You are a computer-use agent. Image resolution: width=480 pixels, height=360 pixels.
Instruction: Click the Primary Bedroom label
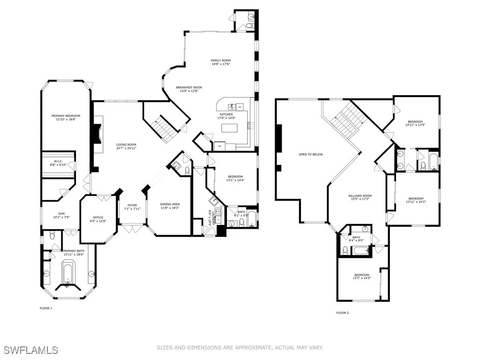point(66,116)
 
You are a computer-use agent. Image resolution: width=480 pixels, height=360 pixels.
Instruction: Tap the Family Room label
point(220,60)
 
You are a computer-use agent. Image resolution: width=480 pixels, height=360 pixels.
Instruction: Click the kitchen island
point(230,128)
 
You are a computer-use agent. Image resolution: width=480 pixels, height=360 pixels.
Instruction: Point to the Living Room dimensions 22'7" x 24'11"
point(126,149)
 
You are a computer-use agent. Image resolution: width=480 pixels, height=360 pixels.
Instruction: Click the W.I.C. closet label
point(59,161)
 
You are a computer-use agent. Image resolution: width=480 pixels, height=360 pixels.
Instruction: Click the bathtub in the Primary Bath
point(68,273)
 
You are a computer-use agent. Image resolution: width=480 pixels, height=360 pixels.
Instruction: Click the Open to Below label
point(311,154)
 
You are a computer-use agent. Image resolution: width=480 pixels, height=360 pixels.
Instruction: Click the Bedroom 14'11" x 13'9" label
point(415,121)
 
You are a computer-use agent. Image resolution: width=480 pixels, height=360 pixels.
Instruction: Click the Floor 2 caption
point(342,313)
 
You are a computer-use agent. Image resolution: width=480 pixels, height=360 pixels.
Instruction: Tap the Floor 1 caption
point(45,308)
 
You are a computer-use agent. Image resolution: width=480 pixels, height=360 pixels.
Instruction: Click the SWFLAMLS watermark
point(30,350)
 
